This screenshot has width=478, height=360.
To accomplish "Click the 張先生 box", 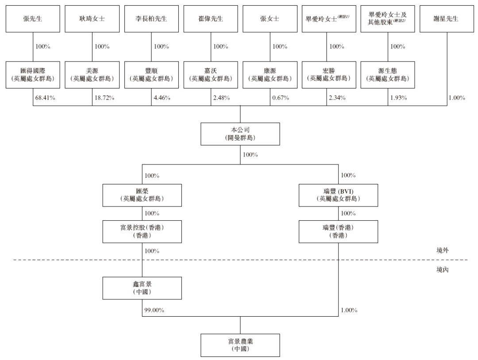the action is [x=33, y=19].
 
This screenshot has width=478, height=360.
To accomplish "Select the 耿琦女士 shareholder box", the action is [x=92, y=19].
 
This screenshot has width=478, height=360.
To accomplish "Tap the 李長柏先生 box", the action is [x=151, y=19].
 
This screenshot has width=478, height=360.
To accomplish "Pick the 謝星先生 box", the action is [x=447, y=19].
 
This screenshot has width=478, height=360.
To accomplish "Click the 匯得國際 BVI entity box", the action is [x=33, y=75].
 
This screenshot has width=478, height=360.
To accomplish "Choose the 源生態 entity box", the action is [x=388, y=75].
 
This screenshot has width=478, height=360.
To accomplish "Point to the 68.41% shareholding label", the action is [x=45, y=98].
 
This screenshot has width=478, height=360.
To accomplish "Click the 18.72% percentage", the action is [x=104, y=98].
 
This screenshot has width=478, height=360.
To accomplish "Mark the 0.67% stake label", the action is [x=281, y=98].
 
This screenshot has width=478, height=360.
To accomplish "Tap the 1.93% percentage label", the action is [x=399, y=98].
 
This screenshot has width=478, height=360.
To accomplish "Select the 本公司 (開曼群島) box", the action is [x=240, y=134].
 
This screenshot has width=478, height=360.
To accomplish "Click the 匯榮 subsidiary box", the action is [x=142, y=195].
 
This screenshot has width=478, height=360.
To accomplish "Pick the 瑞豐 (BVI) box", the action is [x=339, y=195].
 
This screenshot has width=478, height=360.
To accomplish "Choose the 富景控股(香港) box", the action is [x=142, y=232].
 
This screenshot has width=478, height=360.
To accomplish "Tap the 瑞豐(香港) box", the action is [x=339, y=232].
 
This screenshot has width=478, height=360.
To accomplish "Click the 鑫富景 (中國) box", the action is [x=142, y=288].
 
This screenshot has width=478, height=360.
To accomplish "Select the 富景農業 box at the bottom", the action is [x=240, y=345].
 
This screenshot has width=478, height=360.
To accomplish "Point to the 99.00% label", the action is [x=154, y=310].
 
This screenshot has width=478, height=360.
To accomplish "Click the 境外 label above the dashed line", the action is [x=442, y=250].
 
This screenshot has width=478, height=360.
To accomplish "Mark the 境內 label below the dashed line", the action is [x=442, y=269].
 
